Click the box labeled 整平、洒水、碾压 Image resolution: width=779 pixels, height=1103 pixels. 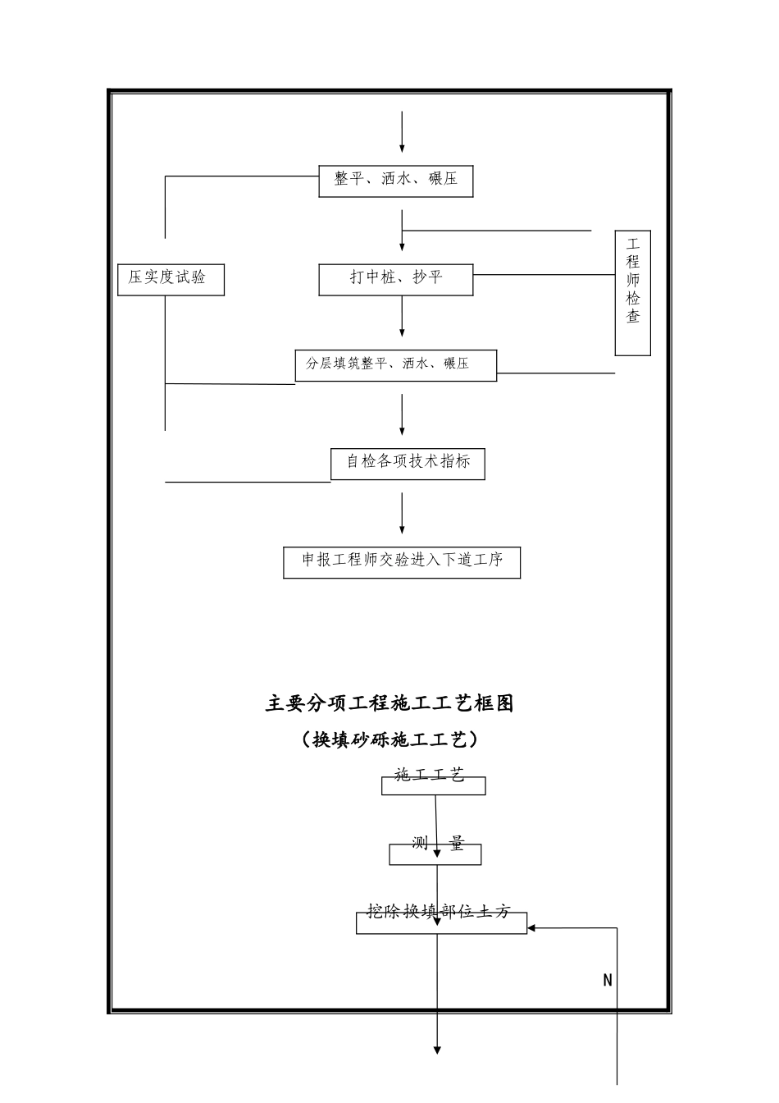point(395,180)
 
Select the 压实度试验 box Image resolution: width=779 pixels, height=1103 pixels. point(171,278)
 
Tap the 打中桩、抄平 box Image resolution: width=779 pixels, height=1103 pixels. point(395,278)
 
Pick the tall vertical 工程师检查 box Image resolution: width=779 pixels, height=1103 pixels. point(632,292)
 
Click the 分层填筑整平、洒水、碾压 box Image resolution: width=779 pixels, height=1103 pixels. point(395,364)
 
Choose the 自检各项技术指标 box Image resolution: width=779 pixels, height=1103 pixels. point(408,462)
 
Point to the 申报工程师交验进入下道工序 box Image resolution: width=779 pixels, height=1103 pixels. point(402,561)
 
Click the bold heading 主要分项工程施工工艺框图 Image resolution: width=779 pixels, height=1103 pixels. point(389,703)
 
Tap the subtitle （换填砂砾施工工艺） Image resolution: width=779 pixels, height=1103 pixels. point(389,740)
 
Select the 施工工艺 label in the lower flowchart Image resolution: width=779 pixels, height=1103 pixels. point(430,776)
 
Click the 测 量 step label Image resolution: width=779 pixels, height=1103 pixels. point(436,845)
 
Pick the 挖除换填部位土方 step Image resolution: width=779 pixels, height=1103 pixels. point(440,913)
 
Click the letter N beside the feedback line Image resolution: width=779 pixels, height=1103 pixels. point(608,981)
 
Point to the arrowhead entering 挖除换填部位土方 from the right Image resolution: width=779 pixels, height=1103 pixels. point(532,928)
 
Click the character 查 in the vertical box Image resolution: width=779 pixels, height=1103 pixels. point(633,317)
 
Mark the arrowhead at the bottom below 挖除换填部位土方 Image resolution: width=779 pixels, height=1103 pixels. point(437,1049)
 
